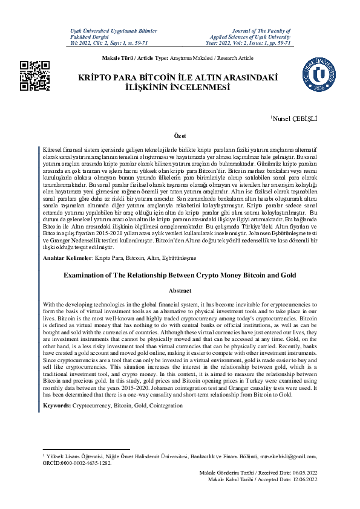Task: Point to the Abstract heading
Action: [180, 291]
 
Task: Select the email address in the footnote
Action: [286, 456]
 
